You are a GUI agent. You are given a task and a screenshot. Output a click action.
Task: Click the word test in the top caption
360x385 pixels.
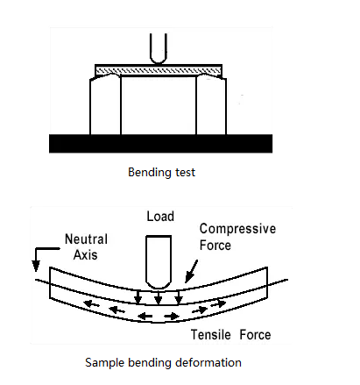point(185,173)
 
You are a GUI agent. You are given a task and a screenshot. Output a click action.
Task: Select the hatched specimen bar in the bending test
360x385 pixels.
point(159,70)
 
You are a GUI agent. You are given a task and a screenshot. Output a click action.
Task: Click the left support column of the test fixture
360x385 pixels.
point(105,105)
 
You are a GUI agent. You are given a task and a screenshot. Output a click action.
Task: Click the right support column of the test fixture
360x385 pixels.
point(211,105)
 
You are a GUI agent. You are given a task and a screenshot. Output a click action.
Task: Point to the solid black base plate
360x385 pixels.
point(160,144)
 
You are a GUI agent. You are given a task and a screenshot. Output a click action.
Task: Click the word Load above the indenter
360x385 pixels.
point(160,217)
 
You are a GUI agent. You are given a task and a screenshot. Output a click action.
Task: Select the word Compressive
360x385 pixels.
point(237,229)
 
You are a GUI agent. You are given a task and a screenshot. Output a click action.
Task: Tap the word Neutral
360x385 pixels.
point(86,239)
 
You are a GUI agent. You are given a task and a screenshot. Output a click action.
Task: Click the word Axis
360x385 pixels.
point(85,255)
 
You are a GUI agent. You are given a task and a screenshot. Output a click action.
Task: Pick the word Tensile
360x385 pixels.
point(211,335)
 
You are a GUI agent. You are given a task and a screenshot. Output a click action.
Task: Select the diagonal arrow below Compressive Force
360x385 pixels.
point(191,272)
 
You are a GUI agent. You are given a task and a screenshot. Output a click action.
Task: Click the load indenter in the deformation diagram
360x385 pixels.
point(159,262)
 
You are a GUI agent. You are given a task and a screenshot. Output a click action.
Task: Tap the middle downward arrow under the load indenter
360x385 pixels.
point(159,297)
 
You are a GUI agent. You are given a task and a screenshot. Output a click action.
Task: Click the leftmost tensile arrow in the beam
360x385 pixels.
point(91,304)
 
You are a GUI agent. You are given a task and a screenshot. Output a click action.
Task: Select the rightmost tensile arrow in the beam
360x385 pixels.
point(218,303)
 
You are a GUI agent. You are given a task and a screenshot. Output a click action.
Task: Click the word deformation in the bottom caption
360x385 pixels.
point(208,363)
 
